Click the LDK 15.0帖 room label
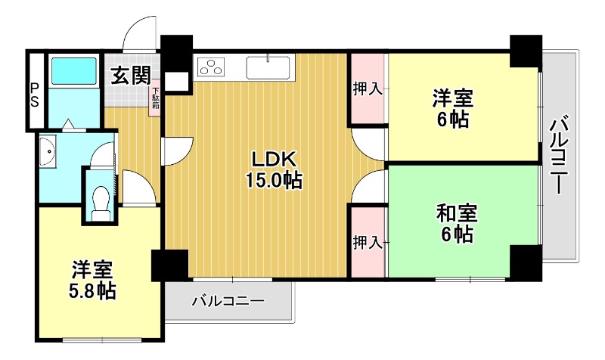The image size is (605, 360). (x=273, y=169)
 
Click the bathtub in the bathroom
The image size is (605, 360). (x=73, y=72)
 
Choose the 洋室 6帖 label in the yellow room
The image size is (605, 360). (x=453, y=108)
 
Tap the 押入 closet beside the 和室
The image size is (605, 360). (x=368, y=243)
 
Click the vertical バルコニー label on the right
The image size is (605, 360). (x=560, y=156)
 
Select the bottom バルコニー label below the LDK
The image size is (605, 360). (x=228, y=302)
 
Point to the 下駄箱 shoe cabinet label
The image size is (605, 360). (x=155, y=99)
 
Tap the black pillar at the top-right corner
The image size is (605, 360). (x=525, y=51)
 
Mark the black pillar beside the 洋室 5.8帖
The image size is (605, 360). (x=169, y=265)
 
